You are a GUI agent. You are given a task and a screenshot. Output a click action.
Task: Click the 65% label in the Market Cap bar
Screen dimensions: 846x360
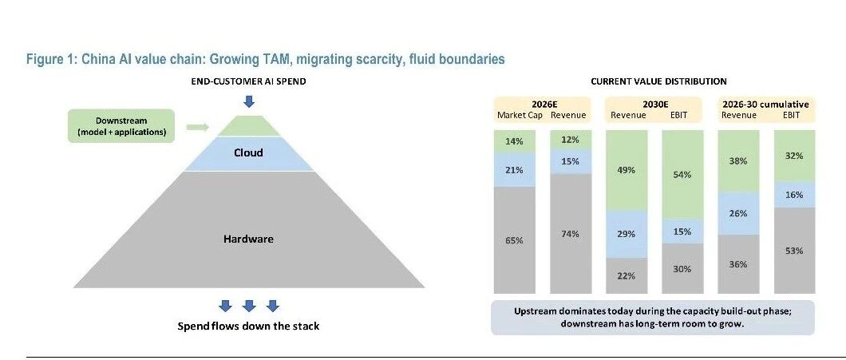(514, 241)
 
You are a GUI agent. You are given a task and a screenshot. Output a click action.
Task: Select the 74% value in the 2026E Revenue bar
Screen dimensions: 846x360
(571, 234)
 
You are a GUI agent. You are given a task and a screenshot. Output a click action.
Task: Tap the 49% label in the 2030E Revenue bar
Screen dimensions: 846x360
(627, 170)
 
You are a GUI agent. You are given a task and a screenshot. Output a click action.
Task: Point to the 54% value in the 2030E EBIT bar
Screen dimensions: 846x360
(682, 175)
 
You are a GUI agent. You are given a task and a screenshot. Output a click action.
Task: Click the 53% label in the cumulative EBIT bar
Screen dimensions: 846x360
(794, 251)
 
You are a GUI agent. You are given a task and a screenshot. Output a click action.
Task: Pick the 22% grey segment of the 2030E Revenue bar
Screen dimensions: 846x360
(627, 276)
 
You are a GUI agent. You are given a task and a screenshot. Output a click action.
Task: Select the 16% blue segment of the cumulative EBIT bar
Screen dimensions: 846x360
(794, 195)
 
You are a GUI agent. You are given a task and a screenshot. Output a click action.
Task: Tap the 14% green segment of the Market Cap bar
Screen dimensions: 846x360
(514, 140)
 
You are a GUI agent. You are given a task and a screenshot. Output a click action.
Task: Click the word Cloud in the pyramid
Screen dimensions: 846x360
(249, 152)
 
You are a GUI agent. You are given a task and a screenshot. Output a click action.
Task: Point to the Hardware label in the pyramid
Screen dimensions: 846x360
(249, 239)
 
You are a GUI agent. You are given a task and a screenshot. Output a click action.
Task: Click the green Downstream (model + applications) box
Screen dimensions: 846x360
(121, 126)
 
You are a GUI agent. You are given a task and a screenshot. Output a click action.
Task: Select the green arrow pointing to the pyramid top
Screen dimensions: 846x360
(197, 128)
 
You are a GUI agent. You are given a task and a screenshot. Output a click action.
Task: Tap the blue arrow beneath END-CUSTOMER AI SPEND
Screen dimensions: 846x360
(249, 101)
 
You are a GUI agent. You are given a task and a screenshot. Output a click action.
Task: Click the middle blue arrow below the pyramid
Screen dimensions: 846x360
(249, 306)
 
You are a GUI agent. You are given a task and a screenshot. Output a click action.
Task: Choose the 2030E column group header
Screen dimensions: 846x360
(653, 105)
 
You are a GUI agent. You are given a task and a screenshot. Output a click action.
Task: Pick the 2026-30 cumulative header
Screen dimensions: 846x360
(766, 105)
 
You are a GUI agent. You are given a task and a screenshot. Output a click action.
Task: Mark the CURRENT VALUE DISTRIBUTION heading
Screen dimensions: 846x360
(658, 81)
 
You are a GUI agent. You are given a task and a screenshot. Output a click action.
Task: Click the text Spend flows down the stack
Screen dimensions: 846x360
(249, 326)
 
